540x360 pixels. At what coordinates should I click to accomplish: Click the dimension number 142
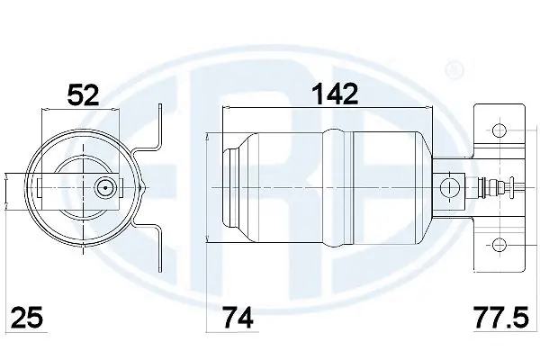click(336, 93)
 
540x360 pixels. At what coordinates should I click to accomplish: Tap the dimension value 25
click(27, 318)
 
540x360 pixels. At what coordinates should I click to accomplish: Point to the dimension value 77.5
click(498, 318)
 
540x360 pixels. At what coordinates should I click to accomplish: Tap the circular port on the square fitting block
click(445, 186)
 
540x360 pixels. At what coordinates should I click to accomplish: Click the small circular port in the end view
click(104, 187)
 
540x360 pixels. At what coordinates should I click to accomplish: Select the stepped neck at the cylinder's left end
click(232, 186)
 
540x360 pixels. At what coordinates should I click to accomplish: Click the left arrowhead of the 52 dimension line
click(45, 110)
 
